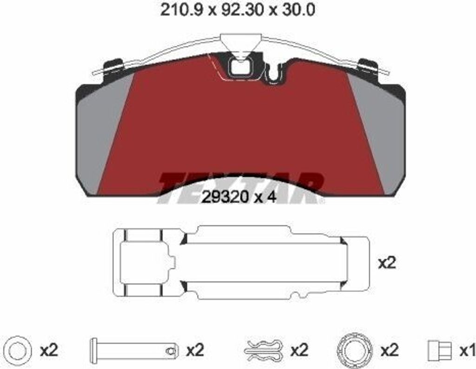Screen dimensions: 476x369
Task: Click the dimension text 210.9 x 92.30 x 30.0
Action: pyautogui.click(x=238, y=10)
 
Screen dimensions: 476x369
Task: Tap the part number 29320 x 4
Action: pyautogui.click(x=239, y=198)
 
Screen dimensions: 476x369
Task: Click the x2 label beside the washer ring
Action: pyautogui.click(x=49, y=351)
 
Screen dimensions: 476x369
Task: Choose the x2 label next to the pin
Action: pyautogui.click(x=195, y=351)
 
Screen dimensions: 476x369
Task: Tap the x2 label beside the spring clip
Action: pyautogui.click(x=299, y=351)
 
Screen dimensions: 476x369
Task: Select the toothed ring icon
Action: pyautogui.click(x=355, y=351)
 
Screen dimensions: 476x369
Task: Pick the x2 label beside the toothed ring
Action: pyautogui.click(x=389, y=351)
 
